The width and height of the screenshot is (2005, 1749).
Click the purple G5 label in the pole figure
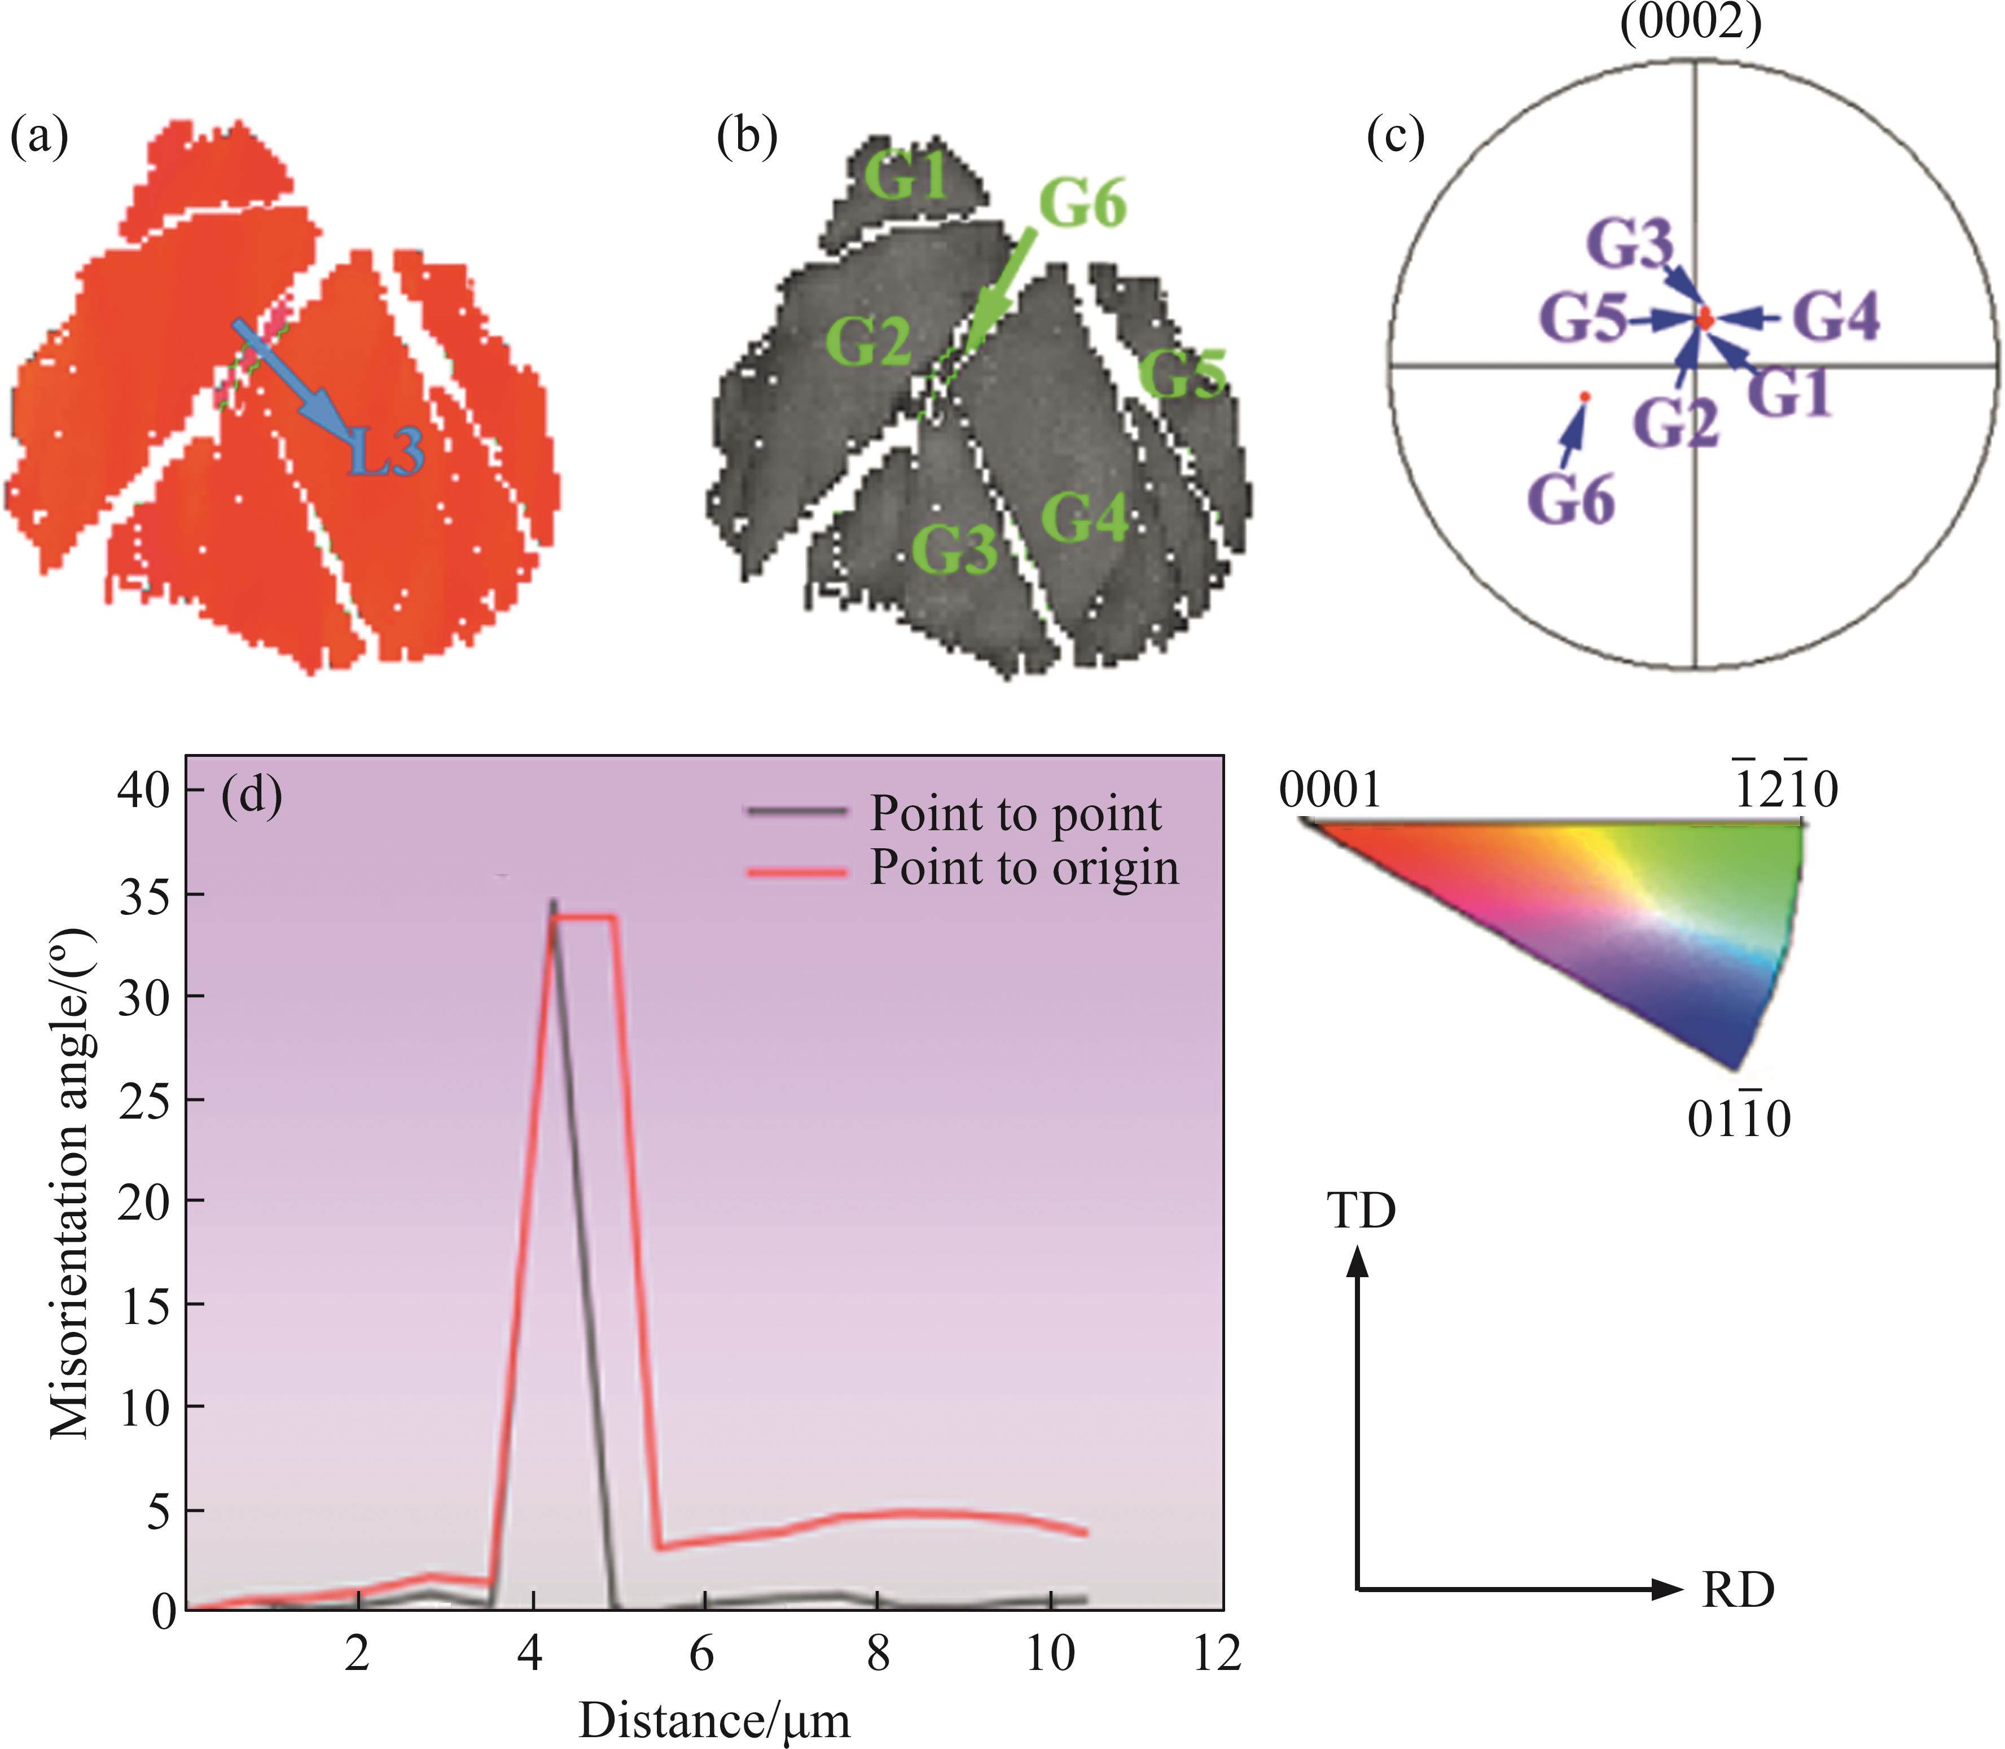click(1582, 319)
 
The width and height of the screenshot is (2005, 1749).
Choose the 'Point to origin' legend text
click(1024, 867)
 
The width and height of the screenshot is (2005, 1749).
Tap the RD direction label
click(1738, 1591)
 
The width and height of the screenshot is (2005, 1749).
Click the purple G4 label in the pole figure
click(1837, 318)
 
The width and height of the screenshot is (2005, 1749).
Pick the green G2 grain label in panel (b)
click(867, 341)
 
